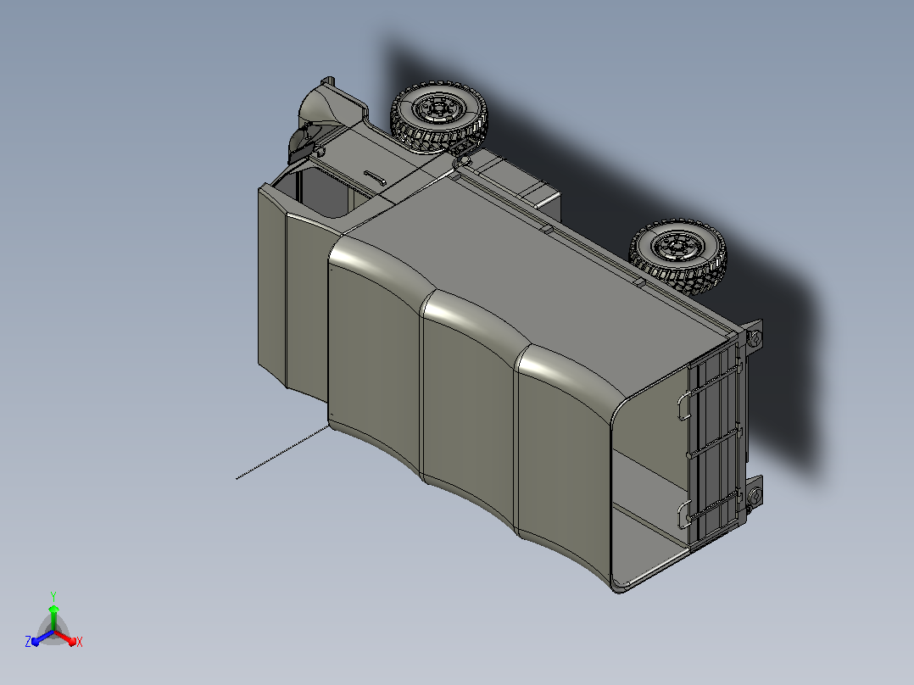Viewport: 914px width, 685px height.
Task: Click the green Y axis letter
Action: click(53, 596)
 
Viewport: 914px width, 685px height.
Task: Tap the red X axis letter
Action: click(80, 642)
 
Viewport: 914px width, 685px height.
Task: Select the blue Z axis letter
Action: click(27, 641)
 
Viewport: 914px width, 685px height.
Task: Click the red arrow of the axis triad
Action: click(65, 638)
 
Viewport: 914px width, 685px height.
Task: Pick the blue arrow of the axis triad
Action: click(42, 638)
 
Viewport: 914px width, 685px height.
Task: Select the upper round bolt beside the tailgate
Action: click(755, 337)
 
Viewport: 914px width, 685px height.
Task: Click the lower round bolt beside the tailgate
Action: click(755, 498)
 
